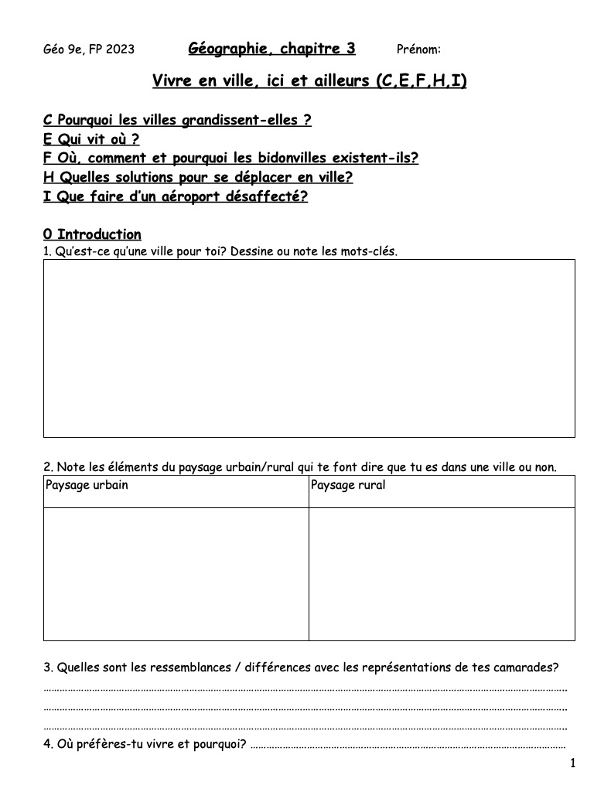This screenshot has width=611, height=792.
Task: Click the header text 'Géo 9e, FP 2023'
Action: click(x=89, y=50)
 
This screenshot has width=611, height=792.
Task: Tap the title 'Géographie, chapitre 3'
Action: click(x=271, y=49)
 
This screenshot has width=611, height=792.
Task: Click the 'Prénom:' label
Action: click(x=418, y=50)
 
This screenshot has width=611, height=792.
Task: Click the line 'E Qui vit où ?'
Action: click(x=91, y=139)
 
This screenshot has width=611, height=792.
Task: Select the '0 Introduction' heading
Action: click(x=92, y=234)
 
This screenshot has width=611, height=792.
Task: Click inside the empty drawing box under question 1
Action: click(x=309, y=348)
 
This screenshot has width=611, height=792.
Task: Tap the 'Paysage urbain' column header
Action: click(x=87, y=486)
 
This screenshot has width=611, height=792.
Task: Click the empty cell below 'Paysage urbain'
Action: click(x=176, y=574)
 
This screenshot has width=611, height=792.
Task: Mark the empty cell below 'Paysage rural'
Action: click(x=442, y=574)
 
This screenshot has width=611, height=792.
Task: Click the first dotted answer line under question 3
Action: click(x=305, y=688)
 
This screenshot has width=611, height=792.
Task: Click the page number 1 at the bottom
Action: click(x=572, y=764)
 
